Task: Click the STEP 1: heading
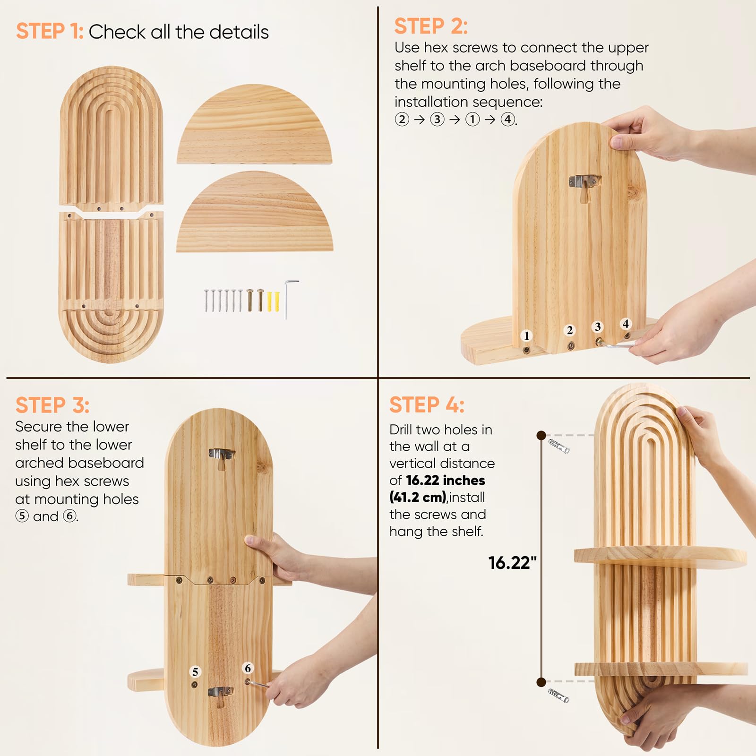(50, 32)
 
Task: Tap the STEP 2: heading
(431, 26)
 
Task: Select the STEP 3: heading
(52, 405)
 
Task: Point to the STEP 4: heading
(427, 405)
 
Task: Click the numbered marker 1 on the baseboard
(527, 335)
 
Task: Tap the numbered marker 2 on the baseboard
(570, 330)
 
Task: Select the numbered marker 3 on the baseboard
(598, 326)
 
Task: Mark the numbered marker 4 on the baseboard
(626, 324)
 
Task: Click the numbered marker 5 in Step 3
(195, 671)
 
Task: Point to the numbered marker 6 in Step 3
(248, 668)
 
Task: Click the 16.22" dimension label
(513, 563)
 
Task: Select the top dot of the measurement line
(541, 435)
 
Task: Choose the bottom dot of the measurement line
(541, 682)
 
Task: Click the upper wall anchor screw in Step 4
(559, 446)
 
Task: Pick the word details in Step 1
(239, 32)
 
